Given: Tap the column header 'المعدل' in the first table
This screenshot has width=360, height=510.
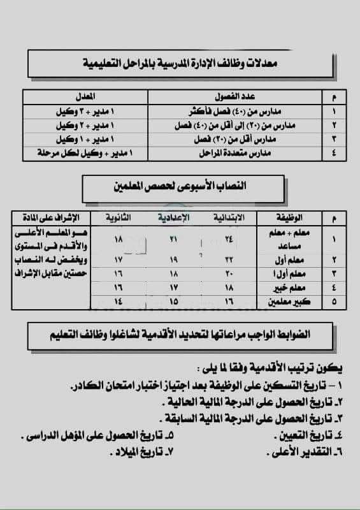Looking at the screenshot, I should click(x=84, y=96).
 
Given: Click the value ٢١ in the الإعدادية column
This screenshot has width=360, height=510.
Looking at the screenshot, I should click(x=173, y=238).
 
